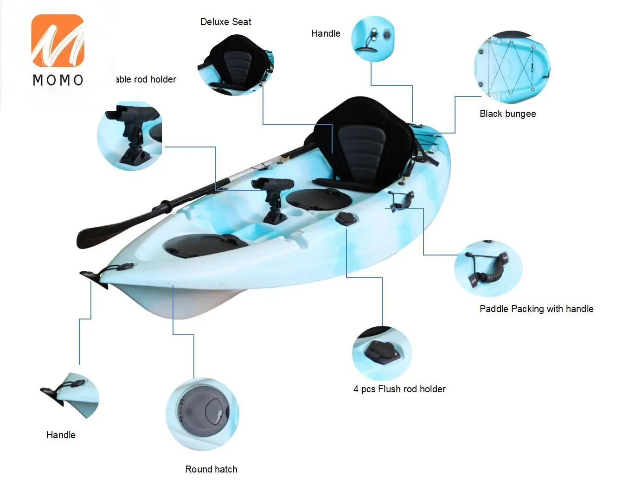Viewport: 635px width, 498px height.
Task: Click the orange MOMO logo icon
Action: pos(58,40)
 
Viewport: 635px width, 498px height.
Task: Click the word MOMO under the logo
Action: pos(58,80)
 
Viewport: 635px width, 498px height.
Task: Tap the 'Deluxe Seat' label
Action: pos(225,22)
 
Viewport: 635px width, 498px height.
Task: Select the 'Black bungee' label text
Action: pos(507,114)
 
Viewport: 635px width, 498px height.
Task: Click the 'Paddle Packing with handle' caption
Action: pos(536,309)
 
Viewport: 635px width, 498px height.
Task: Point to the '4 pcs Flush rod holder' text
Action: pos(399,389)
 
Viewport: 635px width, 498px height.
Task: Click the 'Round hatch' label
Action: pos(211,469)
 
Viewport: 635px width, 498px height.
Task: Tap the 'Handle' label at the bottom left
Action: pos(61,435)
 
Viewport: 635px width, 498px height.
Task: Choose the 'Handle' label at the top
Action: pos(326,33)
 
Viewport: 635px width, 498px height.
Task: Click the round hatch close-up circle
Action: pos(202,414)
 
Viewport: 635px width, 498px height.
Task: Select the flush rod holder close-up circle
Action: pos(382,353)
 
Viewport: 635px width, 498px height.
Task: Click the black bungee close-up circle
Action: pos(511,67)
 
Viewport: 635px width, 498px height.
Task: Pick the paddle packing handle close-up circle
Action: pos(488,268)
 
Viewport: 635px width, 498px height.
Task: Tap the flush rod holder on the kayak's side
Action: pos(346,219)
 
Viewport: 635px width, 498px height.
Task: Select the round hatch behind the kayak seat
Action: pos(319,198)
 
